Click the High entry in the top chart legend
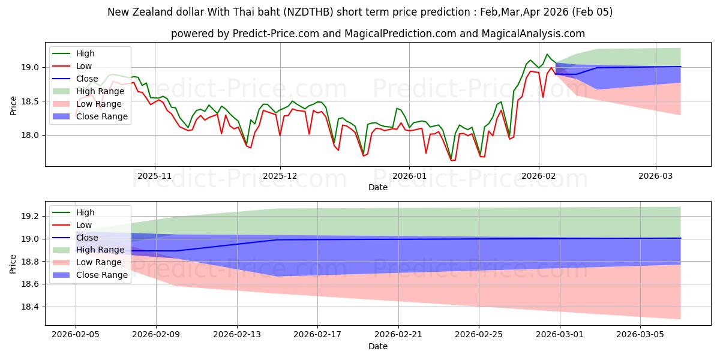(x=85, y=53)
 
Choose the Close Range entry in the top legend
(x=101, y=116)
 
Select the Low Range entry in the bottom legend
(x=100, y=262)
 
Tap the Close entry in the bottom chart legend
(x=88, y=238)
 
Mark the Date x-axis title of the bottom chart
(x=378, y=346)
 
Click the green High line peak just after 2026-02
(x=547, y=54)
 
